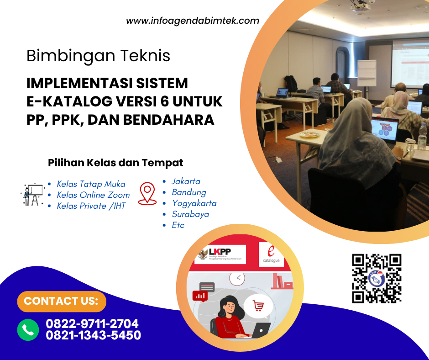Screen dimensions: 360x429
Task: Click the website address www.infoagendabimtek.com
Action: click(x=192, y=21)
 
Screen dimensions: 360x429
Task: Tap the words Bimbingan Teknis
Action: click(x=98, y=56)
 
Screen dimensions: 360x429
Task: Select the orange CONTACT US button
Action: click(x=61, y=301)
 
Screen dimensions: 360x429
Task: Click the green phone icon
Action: click(x=28, y=329)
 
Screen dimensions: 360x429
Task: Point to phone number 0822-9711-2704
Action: click(x=92, y=324)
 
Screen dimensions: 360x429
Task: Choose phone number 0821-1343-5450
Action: click(x=93, y=335)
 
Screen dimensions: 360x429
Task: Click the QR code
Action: click(x=377, y=279)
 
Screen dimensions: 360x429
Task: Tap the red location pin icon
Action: click(x=147, y=193)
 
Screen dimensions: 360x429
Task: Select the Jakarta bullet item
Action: click(x=186, y=181)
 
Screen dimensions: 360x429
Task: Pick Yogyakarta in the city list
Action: click(x=194, y=203)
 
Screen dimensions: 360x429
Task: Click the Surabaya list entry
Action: click(x=190, y=214)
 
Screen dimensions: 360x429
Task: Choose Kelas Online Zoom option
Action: click(x=93, y=195)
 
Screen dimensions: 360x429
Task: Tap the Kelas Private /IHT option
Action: click(x=91, y=206)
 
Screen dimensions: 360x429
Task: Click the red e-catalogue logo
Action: click(x=272, y=254)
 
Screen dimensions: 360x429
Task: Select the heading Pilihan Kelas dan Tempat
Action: click(x=115, y=163)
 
